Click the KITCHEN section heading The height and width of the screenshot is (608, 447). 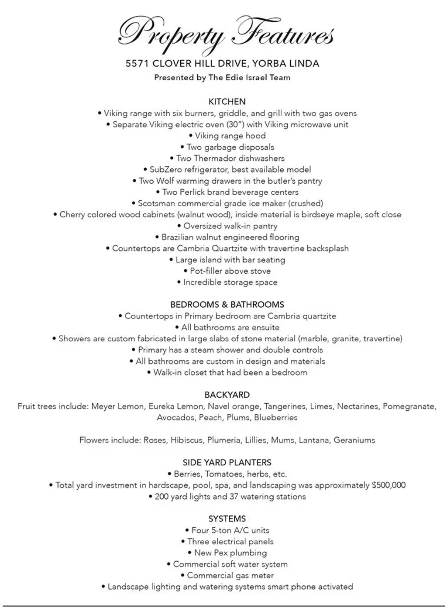(227, 102)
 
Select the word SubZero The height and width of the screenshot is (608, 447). (165, 170)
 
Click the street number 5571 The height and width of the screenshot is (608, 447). (137, 64)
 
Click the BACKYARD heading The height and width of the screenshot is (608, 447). (227, 395)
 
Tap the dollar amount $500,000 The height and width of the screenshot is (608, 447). (389, 485)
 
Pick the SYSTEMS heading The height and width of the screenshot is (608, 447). (227, 519)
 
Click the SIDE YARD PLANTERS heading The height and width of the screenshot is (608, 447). (227, 463)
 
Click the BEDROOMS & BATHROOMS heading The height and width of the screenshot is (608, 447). (227, 305)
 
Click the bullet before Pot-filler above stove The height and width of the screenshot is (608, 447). (186, 271)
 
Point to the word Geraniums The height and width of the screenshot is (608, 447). (354, 440)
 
